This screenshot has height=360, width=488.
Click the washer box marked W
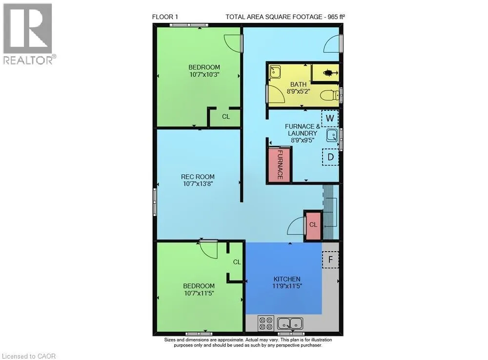330,118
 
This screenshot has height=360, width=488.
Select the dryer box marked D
330,157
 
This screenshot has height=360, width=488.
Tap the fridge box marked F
330,259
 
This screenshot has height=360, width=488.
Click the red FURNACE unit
280,165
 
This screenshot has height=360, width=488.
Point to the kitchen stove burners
266,323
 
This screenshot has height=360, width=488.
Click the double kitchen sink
290,323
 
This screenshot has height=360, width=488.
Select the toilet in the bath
330,95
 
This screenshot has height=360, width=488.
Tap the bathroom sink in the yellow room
275,72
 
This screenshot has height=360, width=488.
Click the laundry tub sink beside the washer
332,136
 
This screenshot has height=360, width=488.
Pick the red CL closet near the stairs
313,226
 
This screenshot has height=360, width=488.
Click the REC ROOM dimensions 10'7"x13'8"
198,184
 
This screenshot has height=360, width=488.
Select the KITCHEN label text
287,279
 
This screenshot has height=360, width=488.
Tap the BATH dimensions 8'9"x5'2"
298,91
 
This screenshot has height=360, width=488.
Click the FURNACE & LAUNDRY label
302,130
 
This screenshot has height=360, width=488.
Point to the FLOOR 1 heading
165,17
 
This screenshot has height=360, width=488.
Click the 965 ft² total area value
336,17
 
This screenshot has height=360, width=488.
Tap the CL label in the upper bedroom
226,116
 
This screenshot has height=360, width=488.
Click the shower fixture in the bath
329,73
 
